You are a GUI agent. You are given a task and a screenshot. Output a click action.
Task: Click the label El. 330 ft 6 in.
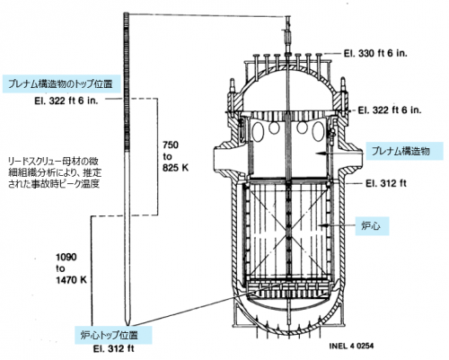375,54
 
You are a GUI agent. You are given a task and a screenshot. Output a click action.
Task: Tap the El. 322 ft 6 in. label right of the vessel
390,110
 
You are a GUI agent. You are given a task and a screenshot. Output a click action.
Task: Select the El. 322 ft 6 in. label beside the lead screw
66,101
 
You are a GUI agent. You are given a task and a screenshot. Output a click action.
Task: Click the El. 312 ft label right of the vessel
386,183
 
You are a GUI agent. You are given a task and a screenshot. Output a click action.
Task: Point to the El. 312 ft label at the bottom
113,348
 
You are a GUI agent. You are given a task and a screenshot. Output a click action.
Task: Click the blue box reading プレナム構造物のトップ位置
62,84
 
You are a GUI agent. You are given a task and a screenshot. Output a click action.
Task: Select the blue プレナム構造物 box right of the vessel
404,151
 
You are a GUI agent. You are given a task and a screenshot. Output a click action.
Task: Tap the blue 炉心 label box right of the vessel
372,225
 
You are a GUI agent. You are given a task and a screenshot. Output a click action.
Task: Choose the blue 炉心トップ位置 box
113,335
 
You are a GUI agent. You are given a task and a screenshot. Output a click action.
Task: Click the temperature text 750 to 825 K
175,156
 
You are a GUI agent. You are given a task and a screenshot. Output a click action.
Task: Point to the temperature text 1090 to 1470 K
71,268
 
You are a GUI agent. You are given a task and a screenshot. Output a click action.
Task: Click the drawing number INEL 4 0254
351,346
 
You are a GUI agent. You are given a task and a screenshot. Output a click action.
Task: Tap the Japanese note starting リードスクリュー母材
55,172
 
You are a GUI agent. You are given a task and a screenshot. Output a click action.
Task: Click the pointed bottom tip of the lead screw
128,325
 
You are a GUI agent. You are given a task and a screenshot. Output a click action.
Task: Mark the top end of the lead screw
126,13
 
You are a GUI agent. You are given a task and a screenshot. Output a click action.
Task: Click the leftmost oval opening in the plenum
258,132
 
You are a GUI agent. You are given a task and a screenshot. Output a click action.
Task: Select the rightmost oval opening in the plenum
318,132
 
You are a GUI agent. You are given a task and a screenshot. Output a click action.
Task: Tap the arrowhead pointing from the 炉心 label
321,224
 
